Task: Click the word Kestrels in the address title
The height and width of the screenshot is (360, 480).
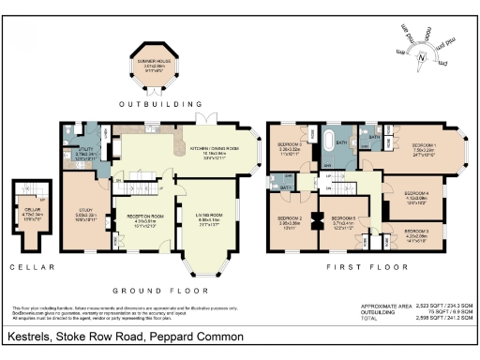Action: [32, 337]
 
